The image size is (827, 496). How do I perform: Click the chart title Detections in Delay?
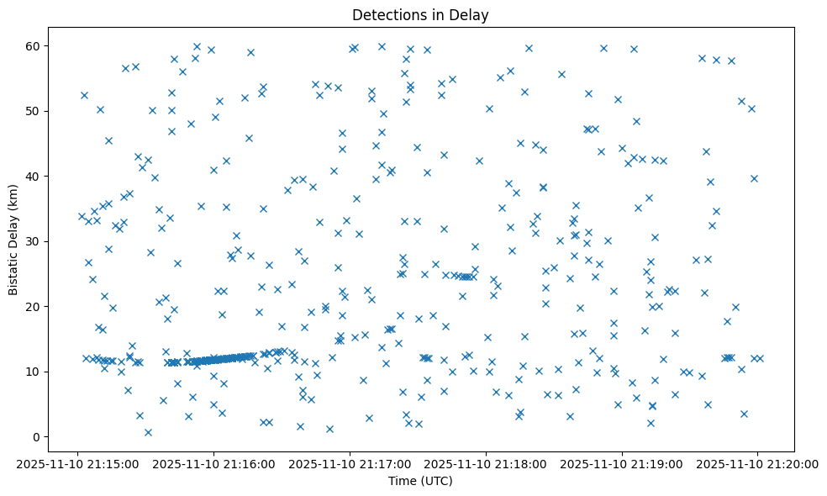tap(420, 15)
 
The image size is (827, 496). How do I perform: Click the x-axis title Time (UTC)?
tap(420, 481)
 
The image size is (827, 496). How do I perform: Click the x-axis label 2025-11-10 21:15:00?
tap(77, 463)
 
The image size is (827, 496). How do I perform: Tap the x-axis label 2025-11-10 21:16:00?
tap(213, 463)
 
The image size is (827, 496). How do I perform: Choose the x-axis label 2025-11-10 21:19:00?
tap(622, 463)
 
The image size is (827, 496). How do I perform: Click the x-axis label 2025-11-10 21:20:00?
tap(757, 463)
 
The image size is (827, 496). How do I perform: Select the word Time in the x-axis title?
tap(401, 481)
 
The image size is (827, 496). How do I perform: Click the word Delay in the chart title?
tap(470, 15)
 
